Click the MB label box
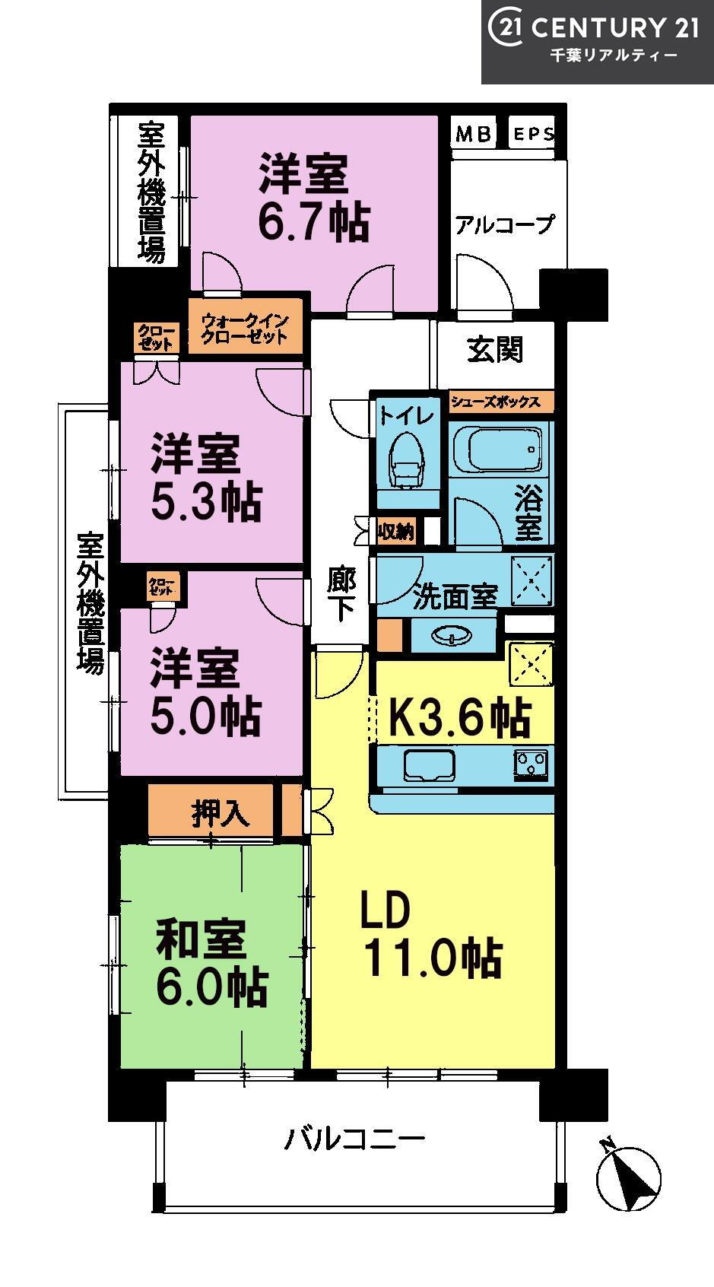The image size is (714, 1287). click(473, 133)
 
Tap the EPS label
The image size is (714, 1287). click(534, 134)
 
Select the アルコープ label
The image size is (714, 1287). click(505, 224)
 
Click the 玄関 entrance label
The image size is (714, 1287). click(495, 349)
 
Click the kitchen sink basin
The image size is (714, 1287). click(429, 765)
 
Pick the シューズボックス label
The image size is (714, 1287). click(496, 402)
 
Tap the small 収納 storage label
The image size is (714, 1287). click(395, 532)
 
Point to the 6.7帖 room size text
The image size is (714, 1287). click(313, 222)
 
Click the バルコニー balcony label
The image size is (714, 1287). click(356, 1138)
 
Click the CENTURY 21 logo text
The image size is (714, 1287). click(614, 28)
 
